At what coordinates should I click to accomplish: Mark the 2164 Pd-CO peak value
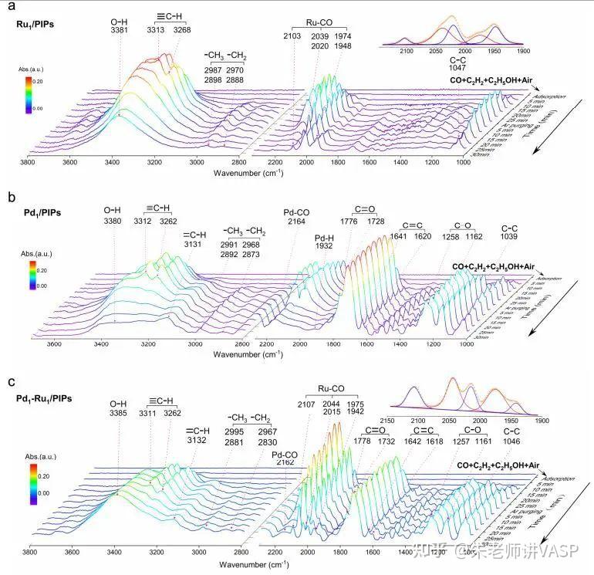coord(297,222)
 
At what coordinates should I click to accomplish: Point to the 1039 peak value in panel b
coord(508,237)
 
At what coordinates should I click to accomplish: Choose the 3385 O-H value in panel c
coord(119,413)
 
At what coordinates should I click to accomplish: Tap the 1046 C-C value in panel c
coord(502,441)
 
